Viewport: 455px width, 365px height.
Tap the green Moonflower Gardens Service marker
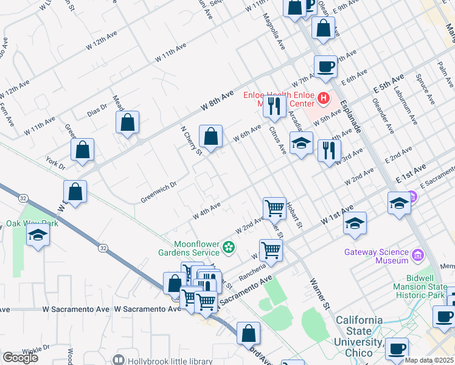tap(229, 248)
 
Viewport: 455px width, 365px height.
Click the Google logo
tap(20, 357)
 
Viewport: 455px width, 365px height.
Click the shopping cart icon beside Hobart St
tap(275, 207)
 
